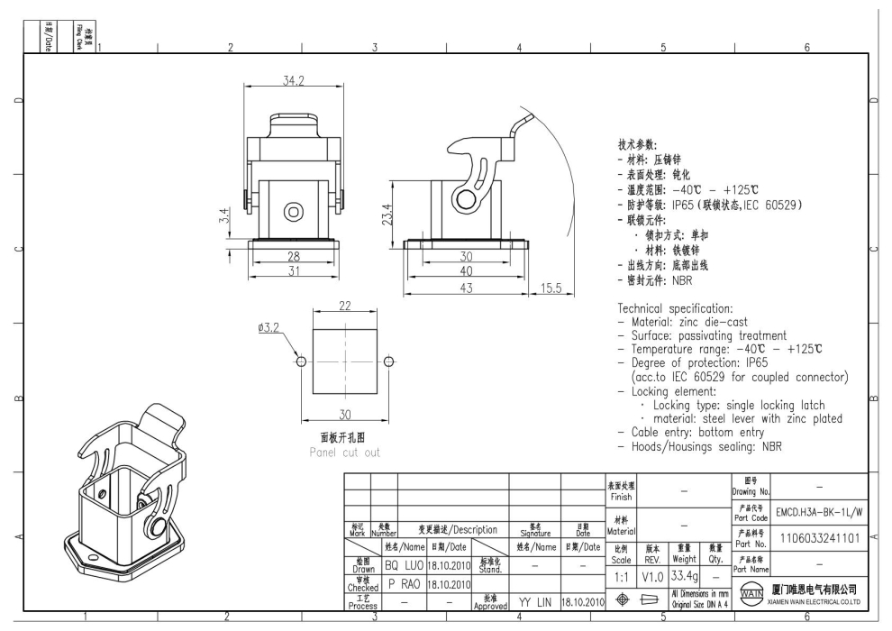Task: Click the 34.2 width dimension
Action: [293, 81]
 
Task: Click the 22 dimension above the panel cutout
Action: [344, 306]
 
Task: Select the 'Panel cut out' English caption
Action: [344, 453]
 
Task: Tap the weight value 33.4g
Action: [684, 563]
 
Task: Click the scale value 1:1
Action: [621, 575]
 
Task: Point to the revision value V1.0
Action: [653, 575]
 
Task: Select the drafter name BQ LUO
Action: [404, 564]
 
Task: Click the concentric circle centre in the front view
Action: [294, 212]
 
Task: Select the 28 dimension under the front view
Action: [293, 256]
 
